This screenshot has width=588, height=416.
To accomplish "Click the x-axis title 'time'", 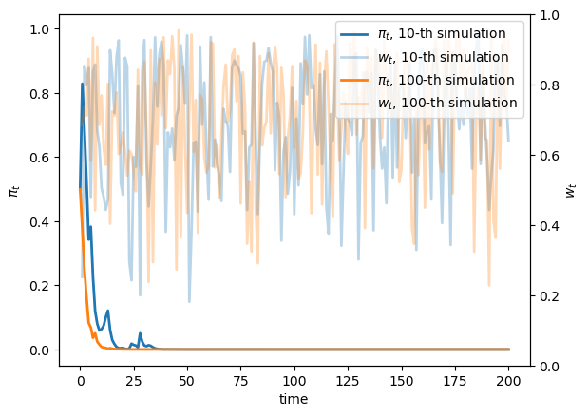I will click(294, 400).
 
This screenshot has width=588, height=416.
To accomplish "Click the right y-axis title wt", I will click(571, 190).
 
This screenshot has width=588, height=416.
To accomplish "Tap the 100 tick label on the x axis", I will click(294, 380).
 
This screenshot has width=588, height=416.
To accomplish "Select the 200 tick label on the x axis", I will click(509, 380).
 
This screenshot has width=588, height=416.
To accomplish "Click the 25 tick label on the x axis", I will click(134, 380).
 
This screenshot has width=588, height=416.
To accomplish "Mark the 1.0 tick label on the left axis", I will click(40, 29).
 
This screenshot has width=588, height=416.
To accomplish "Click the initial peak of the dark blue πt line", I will click(83, 84).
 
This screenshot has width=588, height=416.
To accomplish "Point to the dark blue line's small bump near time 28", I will click(141, 333).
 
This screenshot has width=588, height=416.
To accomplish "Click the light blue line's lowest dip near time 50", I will click(189, 302).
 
